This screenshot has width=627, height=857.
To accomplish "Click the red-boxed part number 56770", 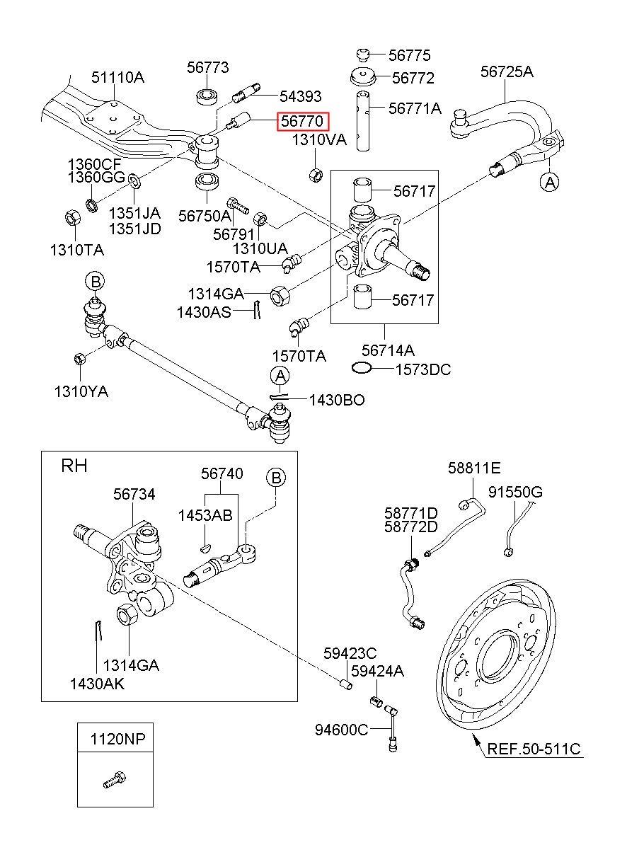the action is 302,121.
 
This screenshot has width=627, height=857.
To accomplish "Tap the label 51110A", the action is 117,77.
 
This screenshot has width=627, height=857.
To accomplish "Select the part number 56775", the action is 409,55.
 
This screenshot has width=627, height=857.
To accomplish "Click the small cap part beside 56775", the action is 362,54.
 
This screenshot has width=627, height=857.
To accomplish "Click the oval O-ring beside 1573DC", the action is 362,368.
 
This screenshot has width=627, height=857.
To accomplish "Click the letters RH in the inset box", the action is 74,466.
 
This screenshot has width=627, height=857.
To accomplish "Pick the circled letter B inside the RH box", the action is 276,478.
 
